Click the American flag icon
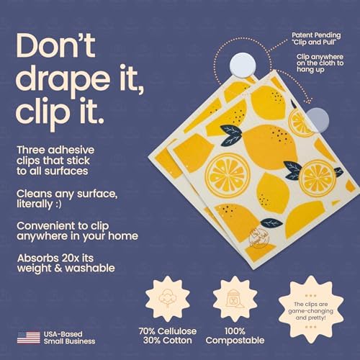point(29,338)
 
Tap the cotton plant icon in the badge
point(168,299)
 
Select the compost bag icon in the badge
point(235,299)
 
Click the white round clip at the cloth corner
point(243,66)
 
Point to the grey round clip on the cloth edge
point(318,120)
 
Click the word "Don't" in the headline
point(55,45)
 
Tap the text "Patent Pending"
point(316,35)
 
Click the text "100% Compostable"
point(235,336)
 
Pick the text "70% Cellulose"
point(168,331)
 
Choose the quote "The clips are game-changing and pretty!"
point(311,311)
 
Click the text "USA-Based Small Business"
point(69,338)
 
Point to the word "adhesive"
point(71,150)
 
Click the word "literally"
point(35,204)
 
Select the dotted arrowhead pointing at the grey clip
point(310,101)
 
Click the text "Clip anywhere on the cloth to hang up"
point(320,63)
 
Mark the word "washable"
point(90,268)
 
